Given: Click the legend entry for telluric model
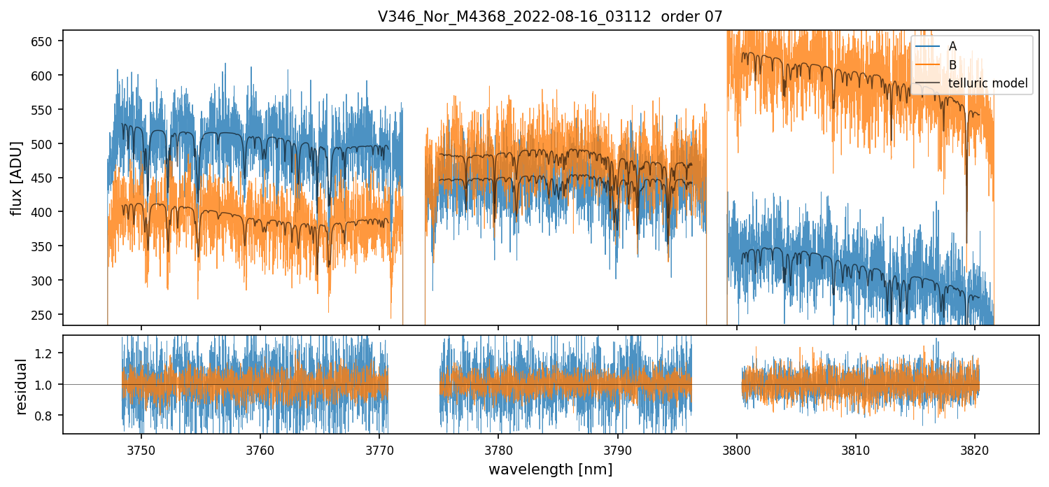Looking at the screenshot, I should pos(987,84).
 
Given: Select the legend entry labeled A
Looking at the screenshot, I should pos(952,46).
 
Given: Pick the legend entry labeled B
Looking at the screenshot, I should pos(952,65).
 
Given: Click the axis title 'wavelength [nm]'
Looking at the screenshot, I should pos(550,470).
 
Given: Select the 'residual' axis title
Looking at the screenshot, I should pos(22,386).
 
